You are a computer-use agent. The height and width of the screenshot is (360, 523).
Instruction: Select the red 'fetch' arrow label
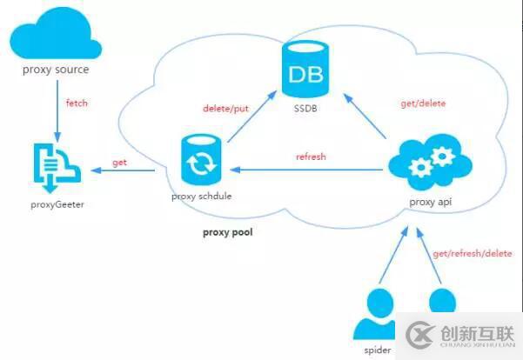(x=77, y=103)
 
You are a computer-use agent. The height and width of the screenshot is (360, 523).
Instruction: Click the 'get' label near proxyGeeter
(x=120, y=163)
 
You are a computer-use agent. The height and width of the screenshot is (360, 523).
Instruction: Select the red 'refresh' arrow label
(x=310, y=157)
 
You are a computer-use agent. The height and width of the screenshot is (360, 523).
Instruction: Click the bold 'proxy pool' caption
(x=228, y=232)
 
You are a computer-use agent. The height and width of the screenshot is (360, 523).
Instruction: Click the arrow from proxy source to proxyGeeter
(x=57, y=109)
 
